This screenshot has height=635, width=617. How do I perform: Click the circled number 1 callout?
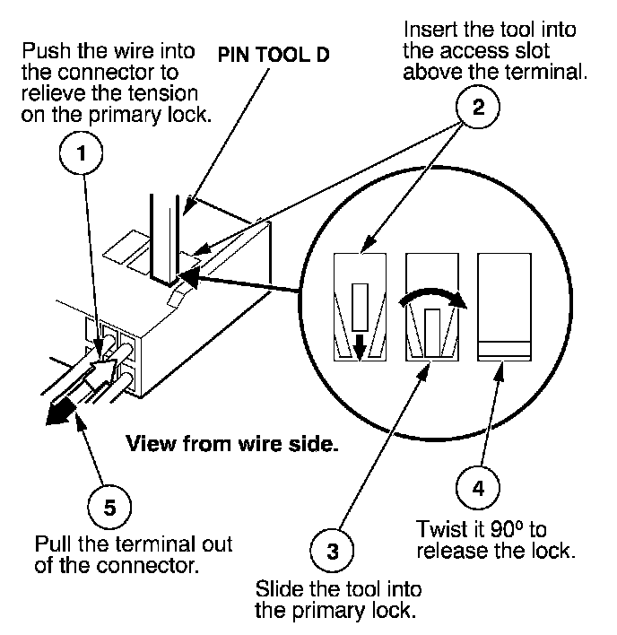point(81,152)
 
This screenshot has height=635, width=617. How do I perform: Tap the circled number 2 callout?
point(478,107)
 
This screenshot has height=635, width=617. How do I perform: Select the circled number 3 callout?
point(332,551)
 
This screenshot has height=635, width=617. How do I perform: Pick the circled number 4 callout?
point(478,488)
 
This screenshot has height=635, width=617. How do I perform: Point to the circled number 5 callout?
point(109,507)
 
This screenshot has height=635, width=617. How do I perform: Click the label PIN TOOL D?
point(274,55)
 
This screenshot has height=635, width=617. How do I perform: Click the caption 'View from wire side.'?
point(232,443)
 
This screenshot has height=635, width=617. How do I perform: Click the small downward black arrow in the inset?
point(360,348)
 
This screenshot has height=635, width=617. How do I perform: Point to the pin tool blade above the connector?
point(164,239)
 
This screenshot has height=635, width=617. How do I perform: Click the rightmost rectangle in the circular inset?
point(504,307)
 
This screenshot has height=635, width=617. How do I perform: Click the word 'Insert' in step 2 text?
point(430,30)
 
